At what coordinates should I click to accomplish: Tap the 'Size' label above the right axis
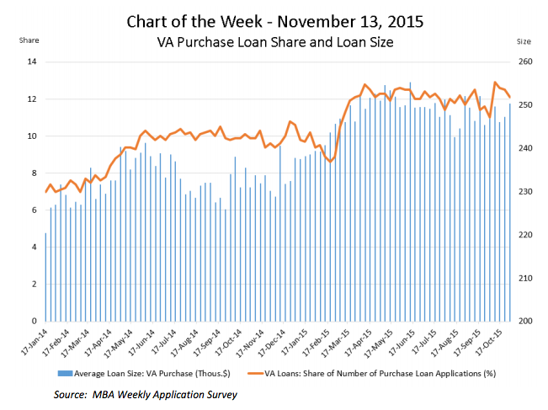pyautogui.click(x=524, y=40)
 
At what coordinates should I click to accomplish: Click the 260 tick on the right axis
pyautogui.click(x=524, y=62)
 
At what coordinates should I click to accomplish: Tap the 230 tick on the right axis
pyautogui.click(x=524, y=192)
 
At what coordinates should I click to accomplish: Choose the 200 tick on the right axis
pyautogui.click(x=524, y=322)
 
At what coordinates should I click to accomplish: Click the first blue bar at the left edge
pyautogui.click(x=45, y=277)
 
